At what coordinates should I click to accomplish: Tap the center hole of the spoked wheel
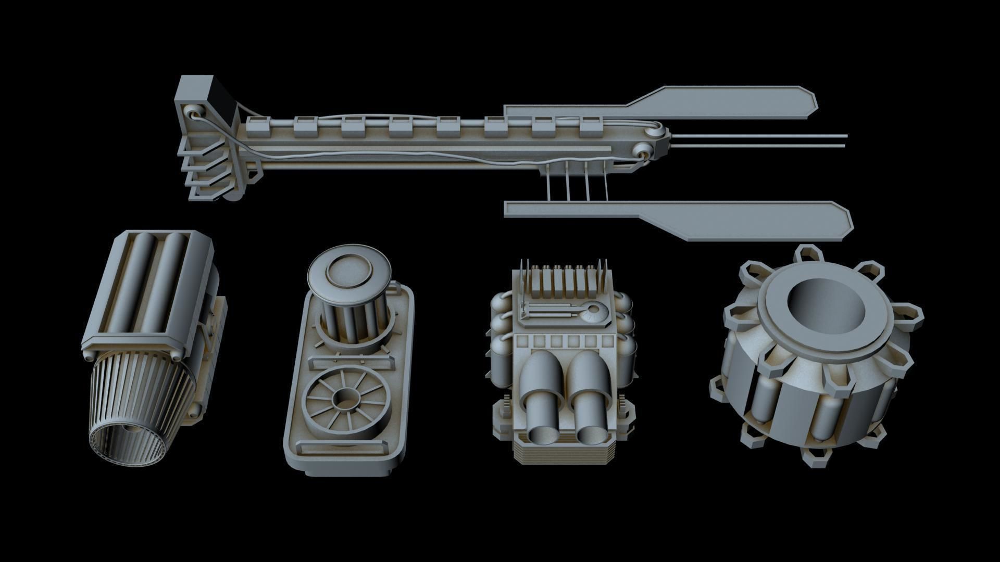pos(344,401)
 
